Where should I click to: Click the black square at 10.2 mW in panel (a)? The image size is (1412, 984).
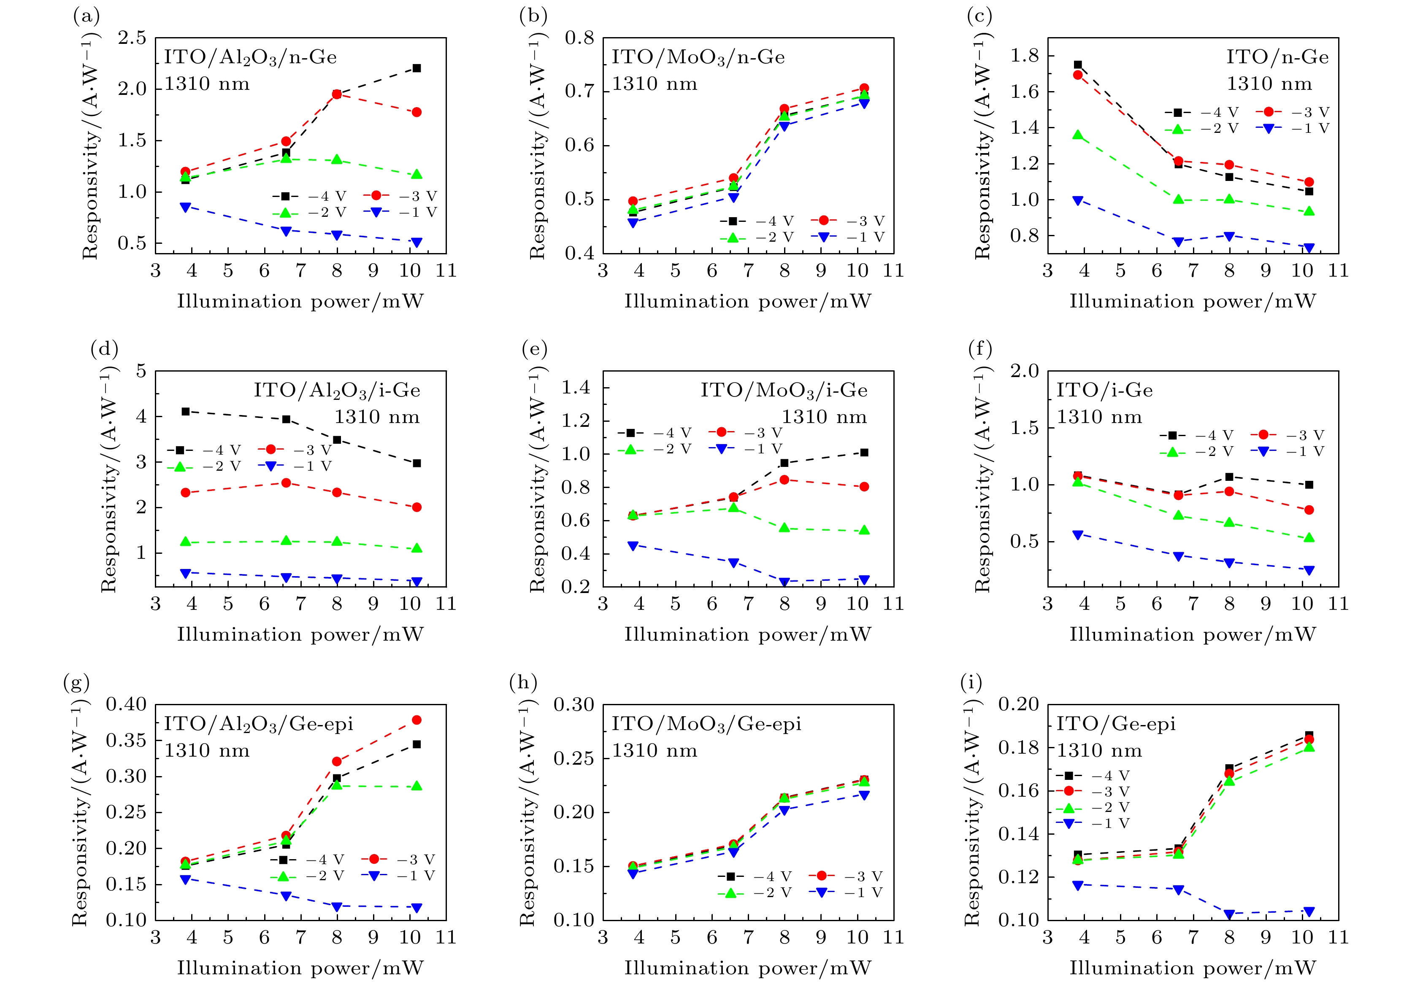pos(417,68)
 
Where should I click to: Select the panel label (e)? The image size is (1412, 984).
pos(534,349)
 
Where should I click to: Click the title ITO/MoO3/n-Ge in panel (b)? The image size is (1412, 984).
pos(698,57)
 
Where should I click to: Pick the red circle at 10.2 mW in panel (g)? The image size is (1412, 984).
pos(417,720)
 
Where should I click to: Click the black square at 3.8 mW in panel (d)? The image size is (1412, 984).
pos(186,411)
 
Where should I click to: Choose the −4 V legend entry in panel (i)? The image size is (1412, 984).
pos(1094,776)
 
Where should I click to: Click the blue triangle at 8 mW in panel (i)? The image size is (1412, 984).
pos(1229,914)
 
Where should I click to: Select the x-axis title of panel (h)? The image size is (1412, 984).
pos(748,968)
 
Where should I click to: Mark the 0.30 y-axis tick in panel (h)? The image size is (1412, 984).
pos(574,704)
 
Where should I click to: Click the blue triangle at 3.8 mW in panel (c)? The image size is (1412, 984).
pos(1077,200)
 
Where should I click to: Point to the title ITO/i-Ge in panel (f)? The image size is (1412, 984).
pos(1104,390)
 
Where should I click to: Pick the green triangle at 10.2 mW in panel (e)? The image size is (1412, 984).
pos(864,530)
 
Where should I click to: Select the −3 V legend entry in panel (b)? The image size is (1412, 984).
pos(848,221)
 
